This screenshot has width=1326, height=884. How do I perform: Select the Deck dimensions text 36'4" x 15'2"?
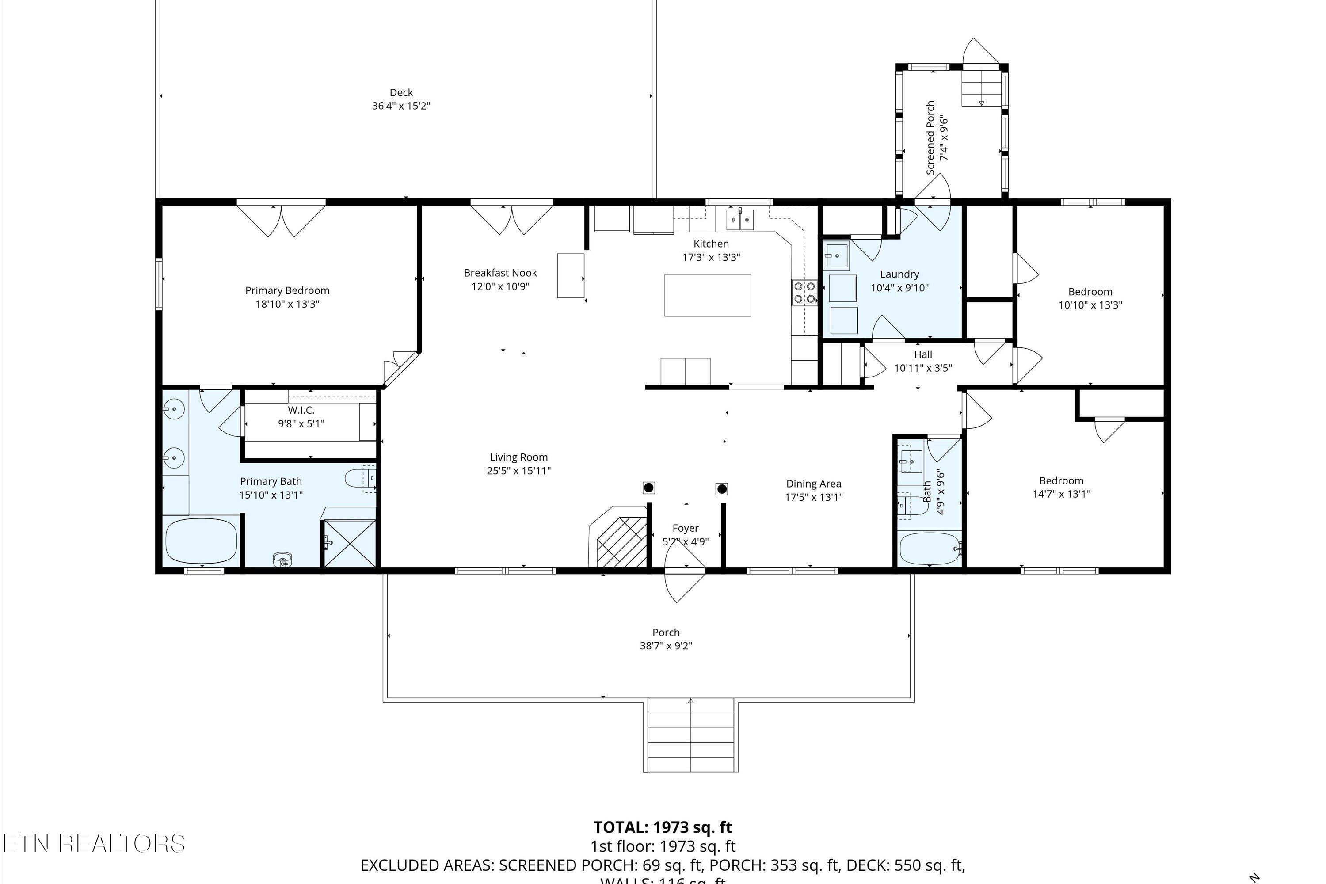[401, 106]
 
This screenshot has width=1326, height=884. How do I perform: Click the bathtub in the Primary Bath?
[201, 541]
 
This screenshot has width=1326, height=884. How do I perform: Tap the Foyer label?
[685, 528]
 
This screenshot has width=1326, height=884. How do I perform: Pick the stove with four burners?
[804, 293]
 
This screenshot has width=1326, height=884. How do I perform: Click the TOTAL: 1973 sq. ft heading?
[663, 827]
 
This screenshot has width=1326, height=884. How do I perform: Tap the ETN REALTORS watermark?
[93, 843]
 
